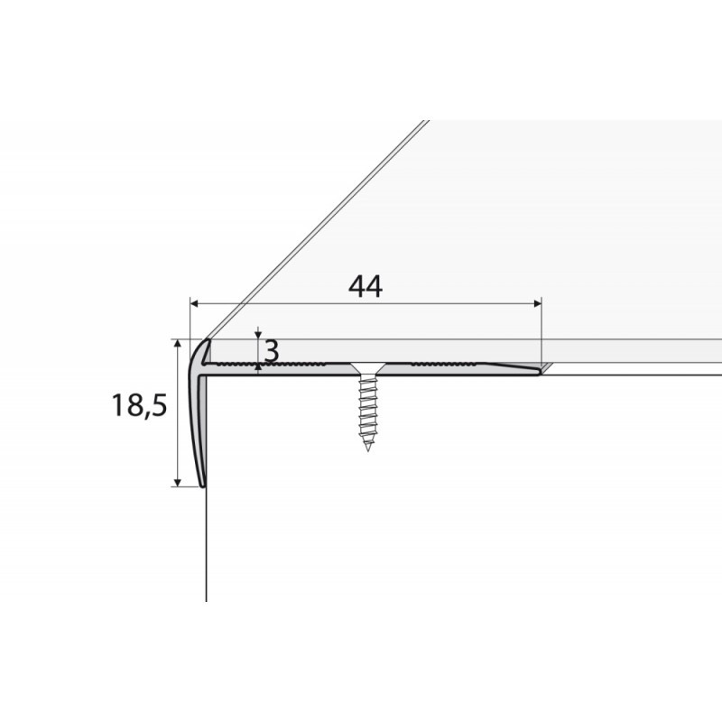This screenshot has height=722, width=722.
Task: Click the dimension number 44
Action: [x=365, y=287]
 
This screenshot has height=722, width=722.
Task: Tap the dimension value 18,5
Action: [x=140, y=407]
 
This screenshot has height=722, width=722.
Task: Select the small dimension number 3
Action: [x=270, y=348]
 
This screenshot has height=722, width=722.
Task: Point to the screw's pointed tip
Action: [x=367, y=448]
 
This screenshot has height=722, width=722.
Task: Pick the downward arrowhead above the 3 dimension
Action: [x=258, y=335]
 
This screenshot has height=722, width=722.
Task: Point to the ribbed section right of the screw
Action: [x=442, y=364]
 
